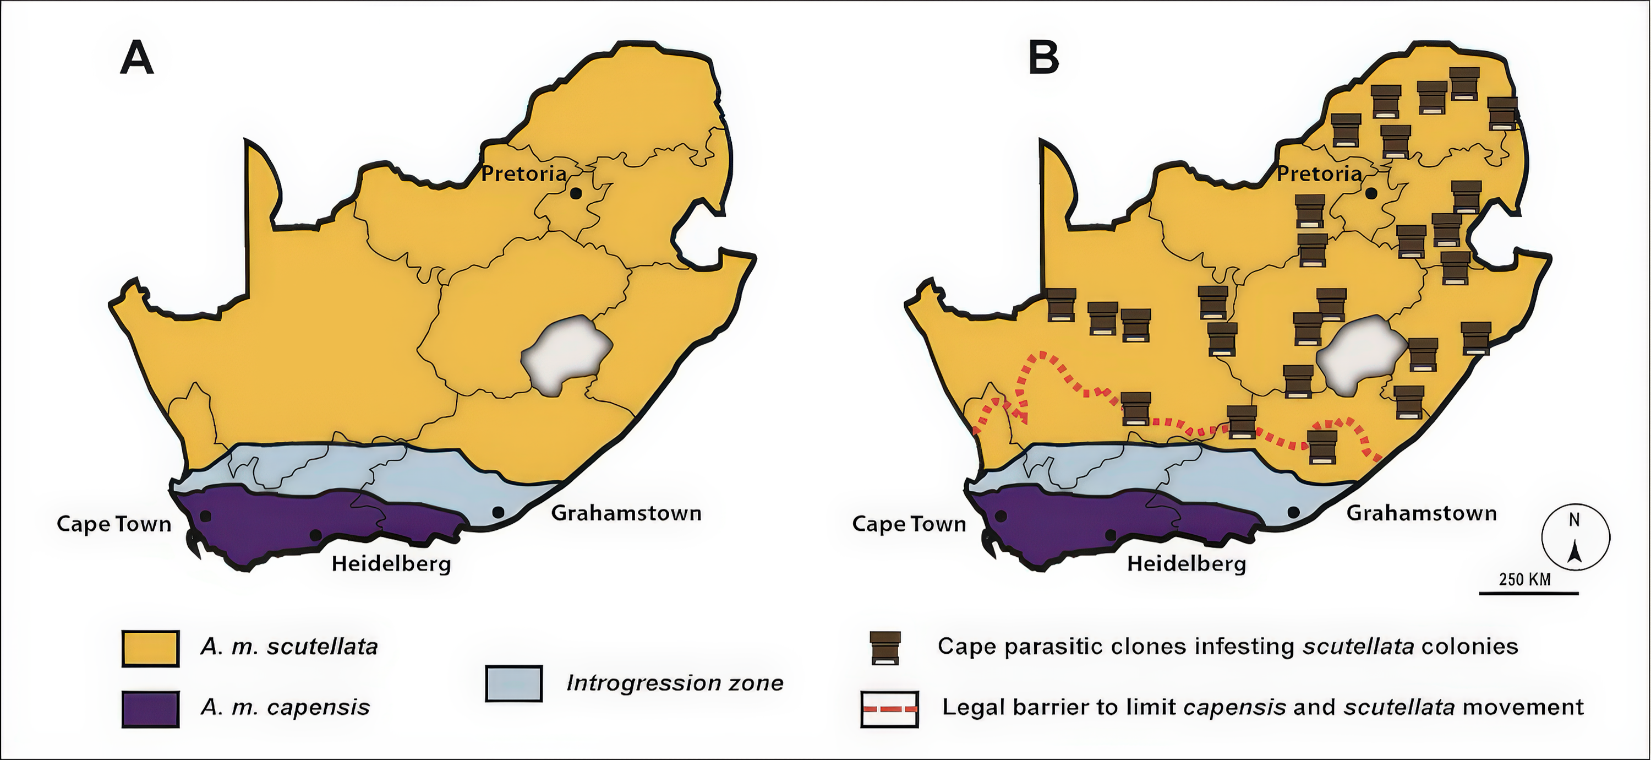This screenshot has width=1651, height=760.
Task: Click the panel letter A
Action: [136, 58]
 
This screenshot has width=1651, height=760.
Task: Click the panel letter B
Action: [1043, 58]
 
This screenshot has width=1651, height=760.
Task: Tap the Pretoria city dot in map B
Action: [1371, 193]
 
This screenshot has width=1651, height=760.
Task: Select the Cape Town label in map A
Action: [114, 524]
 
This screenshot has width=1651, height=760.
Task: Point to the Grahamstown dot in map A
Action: [498, 512]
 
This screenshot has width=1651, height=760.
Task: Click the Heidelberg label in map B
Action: [1187, 564]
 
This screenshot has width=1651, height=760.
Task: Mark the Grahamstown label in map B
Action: [1421, 513]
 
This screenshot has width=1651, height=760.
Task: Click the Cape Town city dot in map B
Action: [1001, 515]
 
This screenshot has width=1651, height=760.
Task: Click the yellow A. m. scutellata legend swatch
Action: [151, 648]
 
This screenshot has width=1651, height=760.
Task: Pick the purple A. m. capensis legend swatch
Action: [151, 709]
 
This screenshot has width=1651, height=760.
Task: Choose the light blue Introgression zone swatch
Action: [514, 683]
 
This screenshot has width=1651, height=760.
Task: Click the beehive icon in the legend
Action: [885, 648]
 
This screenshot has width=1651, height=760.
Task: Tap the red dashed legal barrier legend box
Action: [889, 709]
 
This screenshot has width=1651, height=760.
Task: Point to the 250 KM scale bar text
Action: [1525, 579]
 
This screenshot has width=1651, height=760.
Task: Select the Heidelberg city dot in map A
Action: [315, 535]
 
